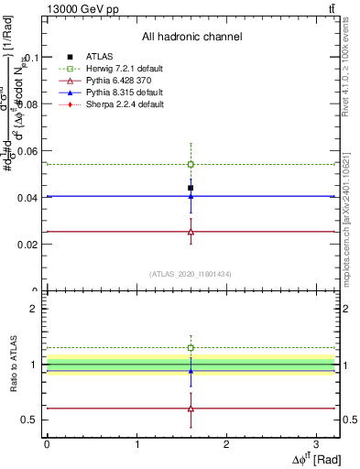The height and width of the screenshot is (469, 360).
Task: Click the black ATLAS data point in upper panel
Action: tap(191, 188)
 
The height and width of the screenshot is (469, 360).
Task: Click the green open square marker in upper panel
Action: tap(191, 164)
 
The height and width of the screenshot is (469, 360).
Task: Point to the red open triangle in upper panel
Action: tap(191, 232)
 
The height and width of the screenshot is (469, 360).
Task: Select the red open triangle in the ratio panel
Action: tap(191, 409)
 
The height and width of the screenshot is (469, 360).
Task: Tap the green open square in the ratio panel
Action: tap(191, 348)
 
